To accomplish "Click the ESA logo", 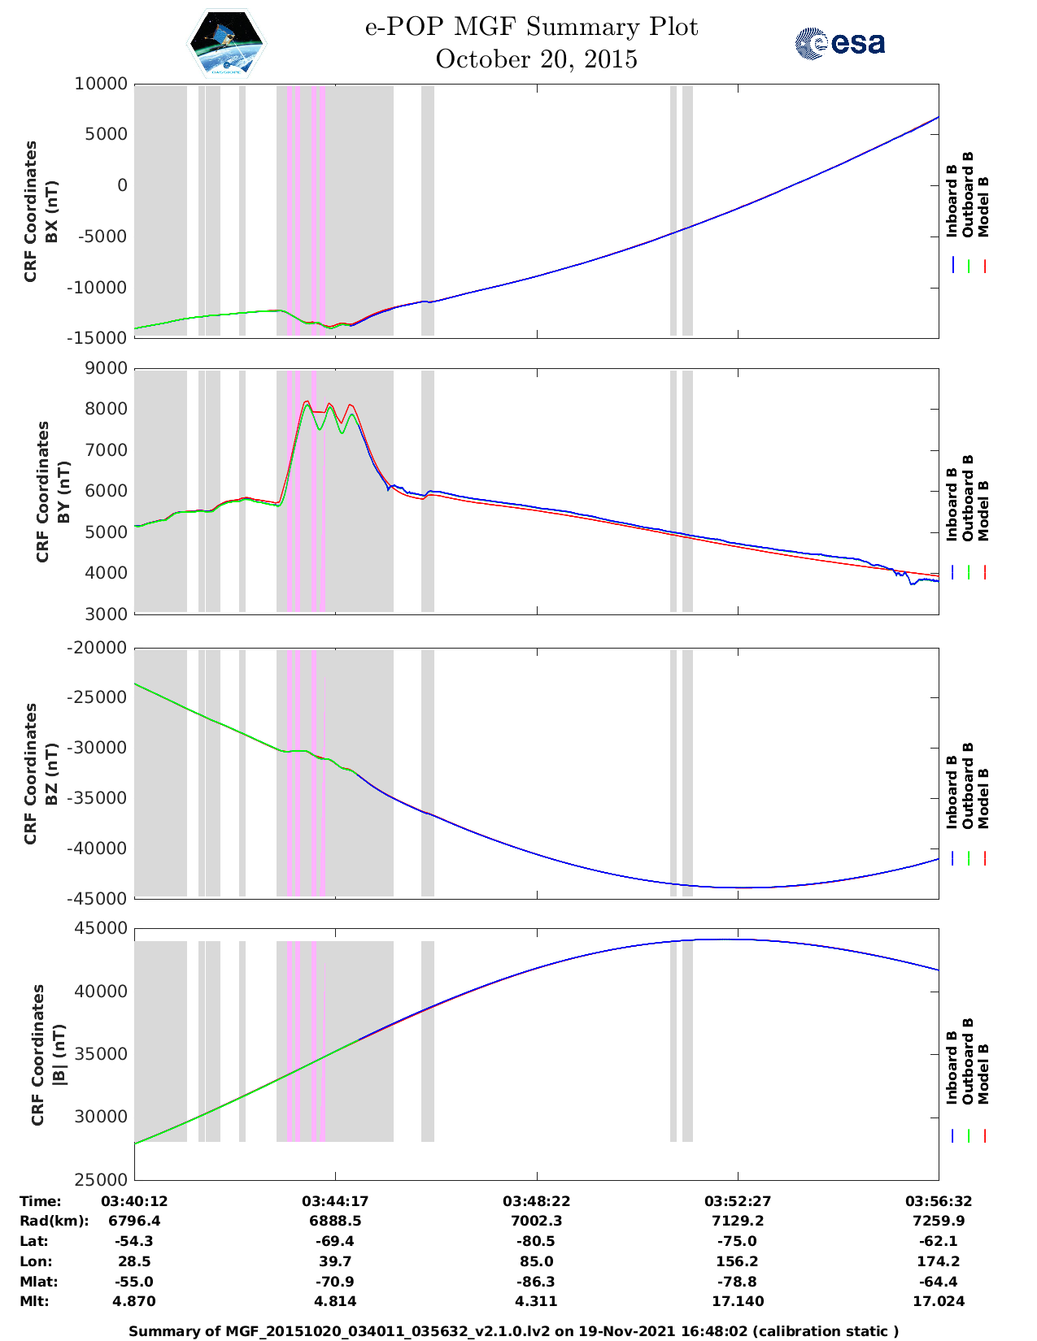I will [840, 43].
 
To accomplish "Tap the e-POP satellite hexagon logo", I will [227, 43].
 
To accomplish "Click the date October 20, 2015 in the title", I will [536, 59].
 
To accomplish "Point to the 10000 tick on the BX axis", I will [101, 84].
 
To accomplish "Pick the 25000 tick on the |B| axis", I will [101, 1179].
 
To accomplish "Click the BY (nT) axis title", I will [54, 491].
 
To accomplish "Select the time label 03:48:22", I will [536, 1201].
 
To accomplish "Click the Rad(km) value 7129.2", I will [737, 1221].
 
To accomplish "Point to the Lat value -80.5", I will [536, 1241].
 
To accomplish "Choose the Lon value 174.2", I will [938, 1261].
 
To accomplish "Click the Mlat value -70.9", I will [335, 1282].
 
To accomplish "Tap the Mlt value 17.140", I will [737, 1301].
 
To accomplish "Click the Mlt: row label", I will [34, 1301].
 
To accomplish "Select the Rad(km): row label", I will [54, 1221].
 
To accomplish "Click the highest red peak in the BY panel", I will [306, 401].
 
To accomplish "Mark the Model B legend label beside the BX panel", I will [983, 206].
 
